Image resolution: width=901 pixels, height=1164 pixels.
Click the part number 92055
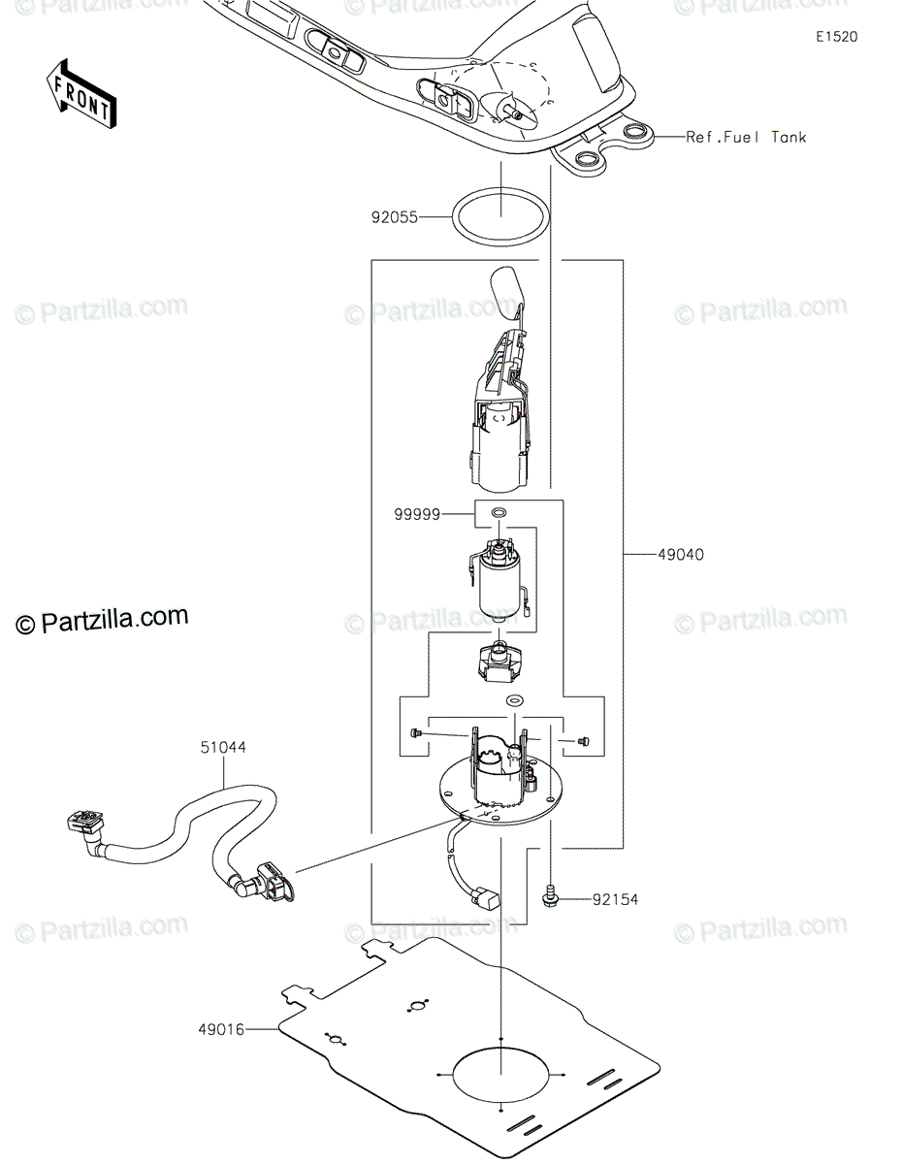click(395, 217)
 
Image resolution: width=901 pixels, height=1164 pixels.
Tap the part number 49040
click(681, 555)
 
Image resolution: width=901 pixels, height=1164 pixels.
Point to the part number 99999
click(417, 515)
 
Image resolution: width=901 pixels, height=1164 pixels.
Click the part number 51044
click(223, 747)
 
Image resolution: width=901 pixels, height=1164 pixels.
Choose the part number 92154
click(615, 900)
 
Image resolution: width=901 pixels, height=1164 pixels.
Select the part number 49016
click(221, 1029)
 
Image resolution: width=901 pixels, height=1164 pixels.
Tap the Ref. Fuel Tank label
click(746, 138)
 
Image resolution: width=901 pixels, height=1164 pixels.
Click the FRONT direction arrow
click(81, 95)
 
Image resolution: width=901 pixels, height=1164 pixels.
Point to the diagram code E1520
click(836, 37)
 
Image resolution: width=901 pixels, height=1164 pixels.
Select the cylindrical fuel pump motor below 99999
click(499, 582)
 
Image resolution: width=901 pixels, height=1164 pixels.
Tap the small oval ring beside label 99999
click(499, 512)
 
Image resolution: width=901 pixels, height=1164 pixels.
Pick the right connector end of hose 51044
click(274, 888)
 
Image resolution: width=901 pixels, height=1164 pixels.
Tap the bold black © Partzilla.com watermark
click(102, 620)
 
